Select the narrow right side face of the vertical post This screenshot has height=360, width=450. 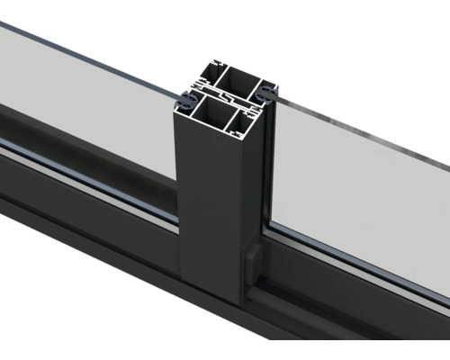[255, 207]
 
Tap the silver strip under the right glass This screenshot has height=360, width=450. [360, 261]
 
